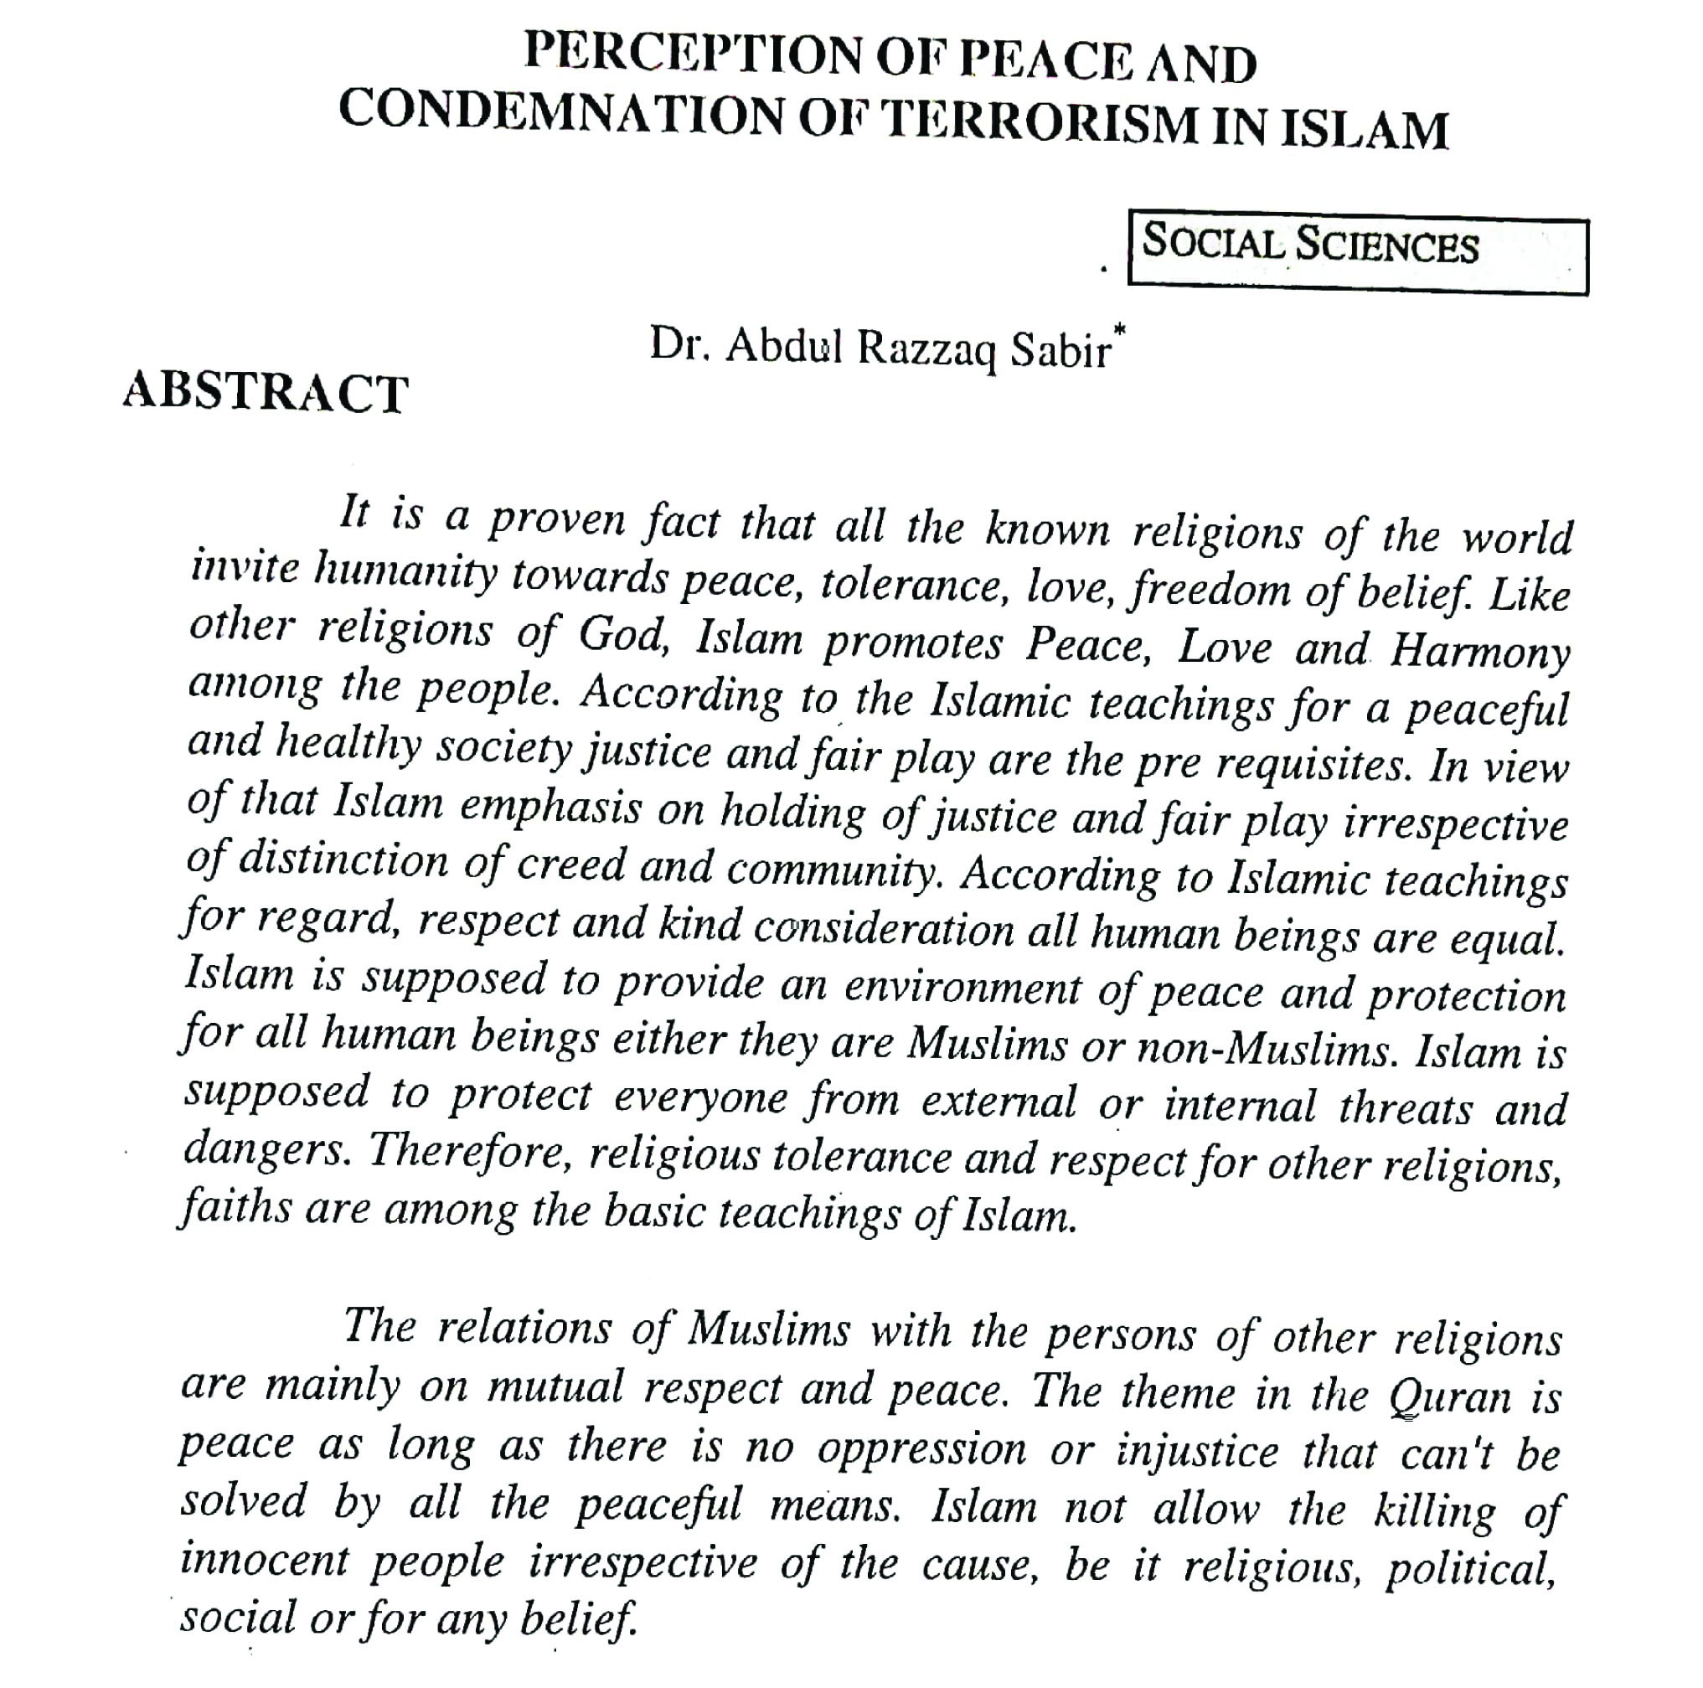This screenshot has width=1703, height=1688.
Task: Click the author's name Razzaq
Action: point(926,350)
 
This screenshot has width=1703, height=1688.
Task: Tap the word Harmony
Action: point(1480,653)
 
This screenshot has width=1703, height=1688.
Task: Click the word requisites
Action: point(1313,765)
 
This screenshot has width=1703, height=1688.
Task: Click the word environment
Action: point(962,986)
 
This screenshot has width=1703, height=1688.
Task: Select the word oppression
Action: point(921,1449)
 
